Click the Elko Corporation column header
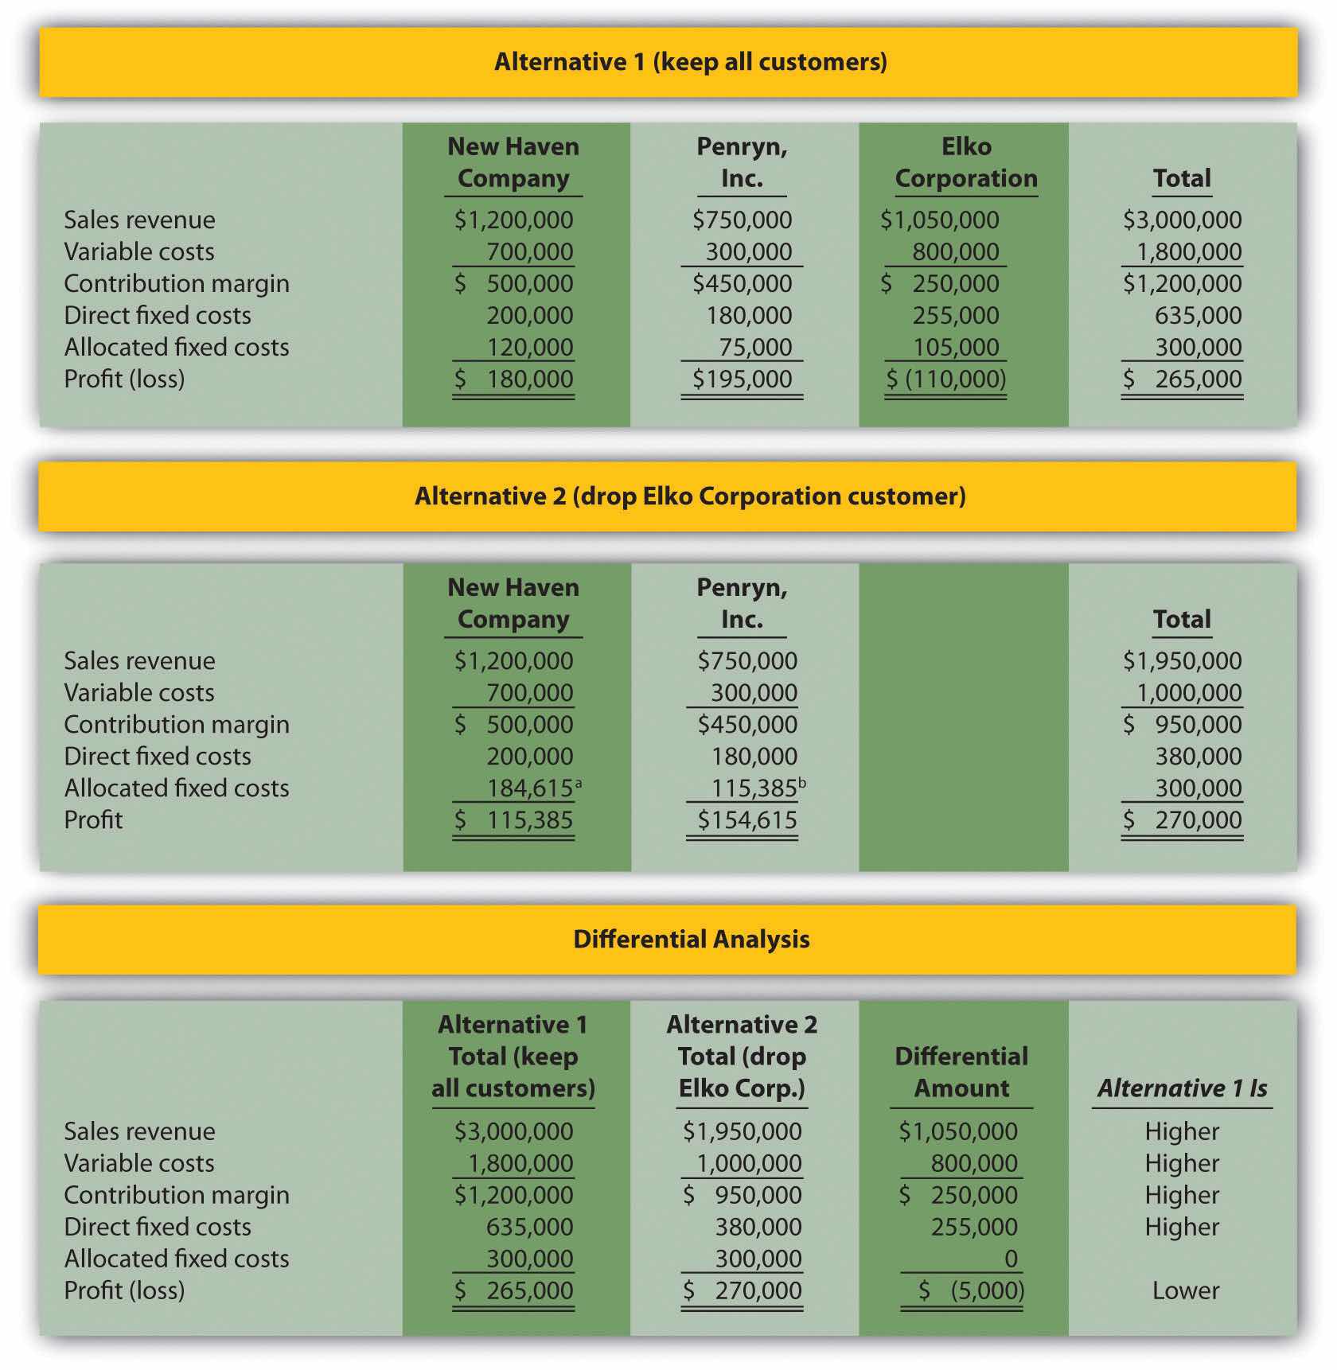965,162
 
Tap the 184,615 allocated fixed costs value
529,788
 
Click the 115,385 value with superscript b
754,788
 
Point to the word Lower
1185,1290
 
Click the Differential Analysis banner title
691,939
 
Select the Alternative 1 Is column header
1182,1088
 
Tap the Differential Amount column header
961,1072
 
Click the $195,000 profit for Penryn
742,379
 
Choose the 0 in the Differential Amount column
1011,1258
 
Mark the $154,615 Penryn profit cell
746,819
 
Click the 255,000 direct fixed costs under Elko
955,315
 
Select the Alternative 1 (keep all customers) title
690,62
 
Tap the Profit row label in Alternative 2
93,819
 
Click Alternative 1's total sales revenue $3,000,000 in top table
1182,220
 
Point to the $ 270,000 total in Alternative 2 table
1182,819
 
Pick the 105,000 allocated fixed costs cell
955,347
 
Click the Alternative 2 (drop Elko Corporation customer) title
690,496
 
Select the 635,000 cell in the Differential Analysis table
529,1226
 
